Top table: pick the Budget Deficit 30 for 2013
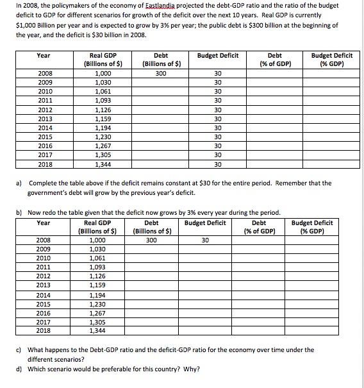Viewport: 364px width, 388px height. point(218,118)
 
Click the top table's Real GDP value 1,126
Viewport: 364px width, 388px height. point(103,109)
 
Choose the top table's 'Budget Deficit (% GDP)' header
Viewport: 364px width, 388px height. point(331,60)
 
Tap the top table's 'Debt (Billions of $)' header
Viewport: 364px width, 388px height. point(163,60)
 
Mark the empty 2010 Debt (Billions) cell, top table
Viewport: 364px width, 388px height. point(163,91)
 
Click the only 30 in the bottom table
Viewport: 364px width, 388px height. point(204,240)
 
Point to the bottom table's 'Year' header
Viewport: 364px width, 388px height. point(44,223)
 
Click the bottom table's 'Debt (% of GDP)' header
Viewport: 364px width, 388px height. point(260,227)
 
